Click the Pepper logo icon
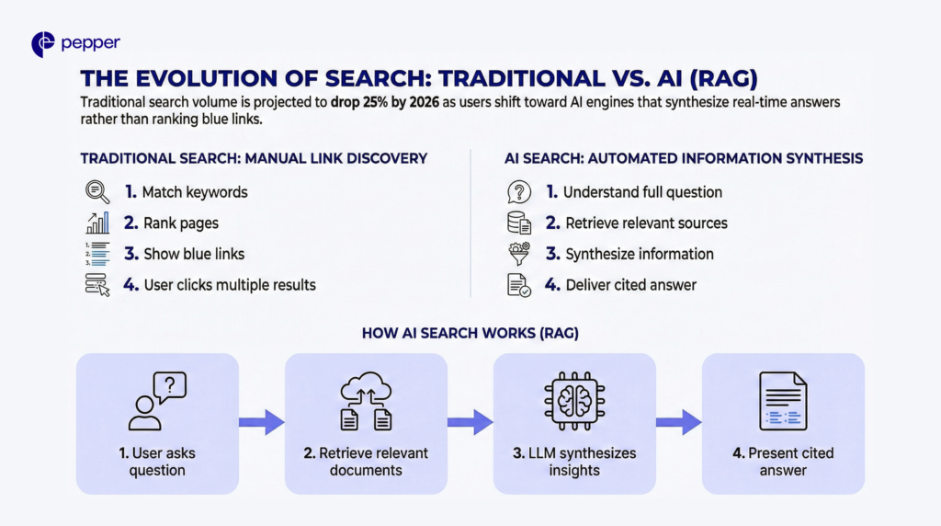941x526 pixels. pos(42,44)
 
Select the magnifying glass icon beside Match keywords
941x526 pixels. pos(96,192)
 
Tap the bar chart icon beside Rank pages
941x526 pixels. pos(96,223)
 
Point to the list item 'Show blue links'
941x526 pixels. pos(193,254)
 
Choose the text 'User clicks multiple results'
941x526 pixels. pos(230,285)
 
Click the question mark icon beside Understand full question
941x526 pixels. pos(519,192)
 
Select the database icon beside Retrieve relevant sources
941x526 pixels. pos(519,223)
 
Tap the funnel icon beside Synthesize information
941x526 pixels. pos(519,254)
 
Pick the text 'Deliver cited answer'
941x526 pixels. pos(630,285)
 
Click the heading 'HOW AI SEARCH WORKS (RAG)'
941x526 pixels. pos(470,332)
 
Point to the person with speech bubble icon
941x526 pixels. pos(157,402)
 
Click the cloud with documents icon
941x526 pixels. pos(366,402)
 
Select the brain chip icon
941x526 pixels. pos(574,402)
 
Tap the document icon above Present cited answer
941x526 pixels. pos(783,402)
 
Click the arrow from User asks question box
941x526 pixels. pos(261,422)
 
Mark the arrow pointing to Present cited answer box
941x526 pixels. pos(678,422)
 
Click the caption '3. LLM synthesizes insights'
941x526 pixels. pos(574,462)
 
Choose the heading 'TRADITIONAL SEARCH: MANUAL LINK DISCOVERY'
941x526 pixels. pos(254,158)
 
